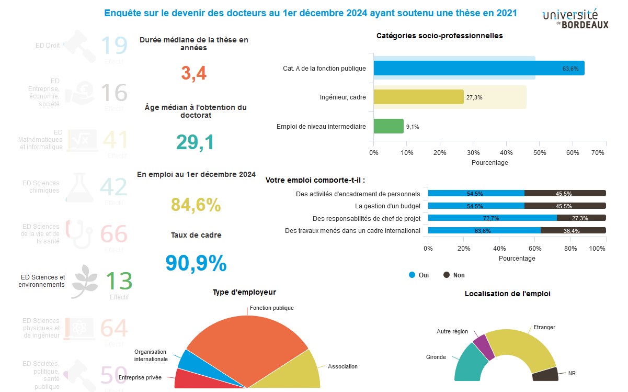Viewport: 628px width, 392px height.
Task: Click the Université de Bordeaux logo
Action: point(575,19)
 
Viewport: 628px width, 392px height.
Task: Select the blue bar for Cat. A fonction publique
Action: point(478,68)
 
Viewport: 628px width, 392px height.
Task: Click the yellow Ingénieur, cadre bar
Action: point(418,97)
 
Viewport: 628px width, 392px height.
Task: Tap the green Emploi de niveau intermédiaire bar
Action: point(389,126)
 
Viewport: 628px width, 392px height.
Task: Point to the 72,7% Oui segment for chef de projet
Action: point(492,218)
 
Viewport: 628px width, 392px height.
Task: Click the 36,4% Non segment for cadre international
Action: point(573,230)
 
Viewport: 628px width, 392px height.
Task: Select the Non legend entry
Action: point(454,275)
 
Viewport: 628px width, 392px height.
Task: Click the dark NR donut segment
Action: point(544,374)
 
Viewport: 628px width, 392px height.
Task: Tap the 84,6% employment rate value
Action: point(196,205)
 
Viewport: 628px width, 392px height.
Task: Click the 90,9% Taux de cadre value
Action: point(196,263)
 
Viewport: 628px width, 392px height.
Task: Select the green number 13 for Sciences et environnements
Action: point(119,282)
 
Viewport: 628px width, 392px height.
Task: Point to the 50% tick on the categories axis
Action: point(540,152)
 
